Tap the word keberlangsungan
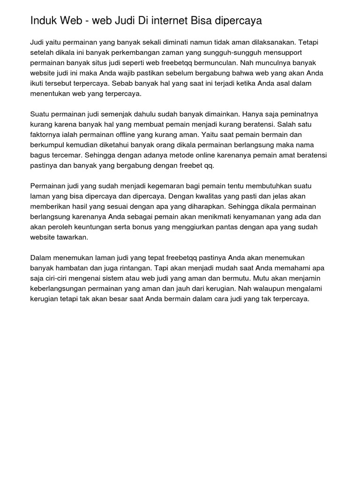coord(61,289)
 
